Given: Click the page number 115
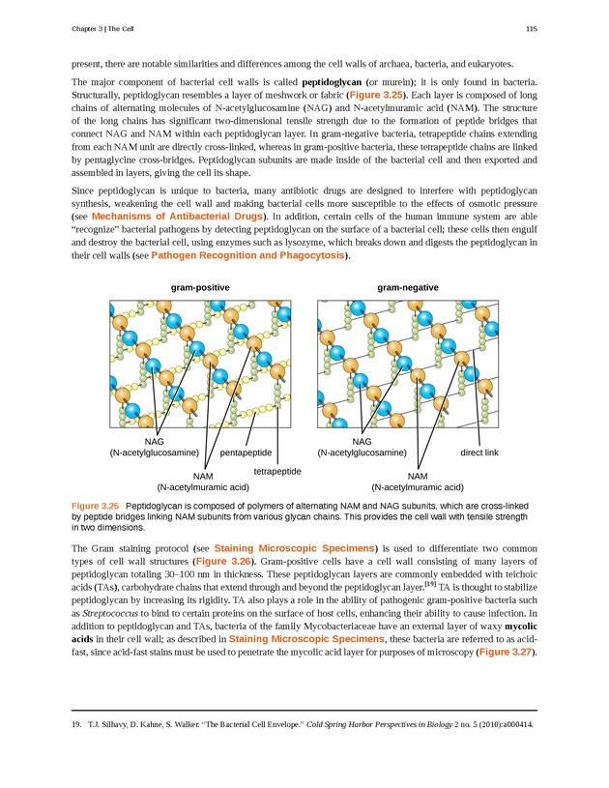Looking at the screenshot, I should tap(531, 31).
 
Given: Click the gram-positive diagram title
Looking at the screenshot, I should tap(201, 288).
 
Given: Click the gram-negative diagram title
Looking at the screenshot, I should tap(408, 288).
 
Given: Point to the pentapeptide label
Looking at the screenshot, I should tap(246, 452).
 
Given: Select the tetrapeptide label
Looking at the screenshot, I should tap(277, 471).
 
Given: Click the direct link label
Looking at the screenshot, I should tap(478, 452).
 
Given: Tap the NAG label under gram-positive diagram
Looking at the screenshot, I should tap(153, 441).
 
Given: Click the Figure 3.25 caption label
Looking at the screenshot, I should tap(95, 506).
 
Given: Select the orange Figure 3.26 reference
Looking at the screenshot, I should tap(224, 561).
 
